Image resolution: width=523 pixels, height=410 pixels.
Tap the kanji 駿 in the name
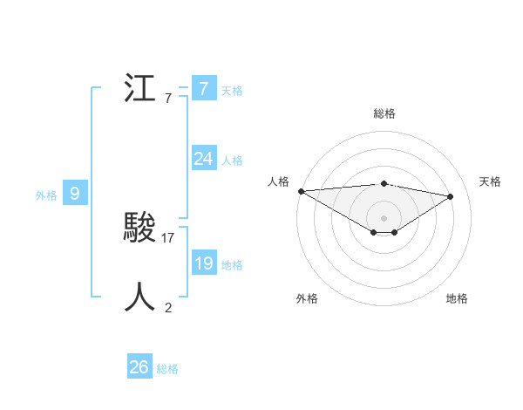pos(139,229)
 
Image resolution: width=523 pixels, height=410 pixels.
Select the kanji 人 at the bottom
pos(139,297)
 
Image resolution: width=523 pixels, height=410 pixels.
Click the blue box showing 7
pos(203,89)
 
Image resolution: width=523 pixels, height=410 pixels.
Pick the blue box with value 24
pos(203,159)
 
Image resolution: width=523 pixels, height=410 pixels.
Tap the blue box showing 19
pos(203,263)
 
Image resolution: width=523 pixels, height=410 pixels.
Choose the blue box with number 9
pos(75,194)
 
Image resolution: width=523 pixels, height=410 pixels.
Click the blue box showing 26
pos(139,367)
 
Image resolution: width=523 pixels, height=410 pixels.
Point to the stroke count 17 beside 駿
pos(168,237)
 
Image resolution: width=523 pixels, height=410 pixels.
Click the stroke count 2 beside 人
pos(168,307)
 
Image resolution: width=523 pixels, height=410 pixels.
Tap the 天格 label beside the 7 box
pos(232,90)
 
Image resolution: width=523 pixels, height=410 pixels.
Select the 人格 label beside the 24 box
pos(232,160)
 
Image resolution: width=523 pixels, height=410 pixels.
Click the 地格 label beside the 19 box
pos(232,264)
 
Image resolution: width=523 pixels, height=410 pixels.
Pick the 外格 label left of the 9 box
pos(46,195)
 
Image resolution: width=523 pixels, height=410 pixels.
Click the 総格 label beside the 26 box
pos(167,369)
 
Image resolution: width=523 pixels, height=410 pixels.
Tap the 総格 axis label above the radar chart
pos(384,114)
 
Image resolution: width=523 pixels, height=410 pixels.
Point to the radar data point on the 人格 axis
pos(301,191)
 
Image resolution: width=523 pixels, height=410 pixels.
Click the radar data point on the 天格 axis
pos(451,195)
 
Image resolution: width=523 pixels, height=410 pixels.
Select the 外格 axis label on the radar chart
pos(307,299)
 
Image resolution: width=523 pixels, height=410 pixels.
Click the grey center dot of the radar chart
pos(384,216)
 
